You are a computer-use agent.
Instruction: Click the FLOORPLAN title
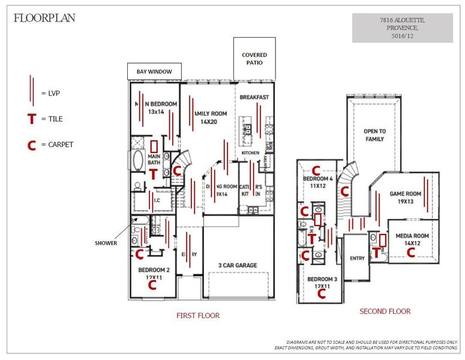coord(44,17)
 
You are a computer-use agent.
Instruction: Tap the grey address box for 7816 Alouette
coord(402,28)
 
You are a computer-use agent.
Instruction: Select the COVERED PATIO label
coord(254,59)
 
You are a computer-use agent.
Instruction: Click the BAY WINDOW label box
coord(154,72)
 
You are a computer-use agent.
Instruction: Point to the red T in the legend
coord(32,119)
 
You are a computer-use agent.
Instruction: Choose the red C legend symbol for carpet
coord(32,145)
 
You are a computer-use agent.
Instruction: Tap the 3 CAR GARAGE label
coord(237,265)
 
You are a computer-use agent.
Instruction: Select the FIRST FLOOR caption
coord(197,315)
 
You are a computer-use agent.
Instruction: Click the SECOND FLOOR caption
coord(385,311)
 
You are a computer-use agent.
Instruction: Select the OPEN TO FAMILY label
coord(375,135)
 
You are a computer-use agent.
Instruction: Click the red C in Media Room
coord(411,253)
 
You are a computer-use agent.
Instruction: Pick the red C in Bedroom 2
coord(152,285)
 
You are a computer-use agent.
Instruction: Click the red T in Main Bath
coord(153,174)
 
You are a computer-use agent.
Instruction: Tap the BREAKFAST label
coord(254,97)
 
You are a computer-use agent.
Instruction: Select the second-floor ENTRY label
coord(357,259)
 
